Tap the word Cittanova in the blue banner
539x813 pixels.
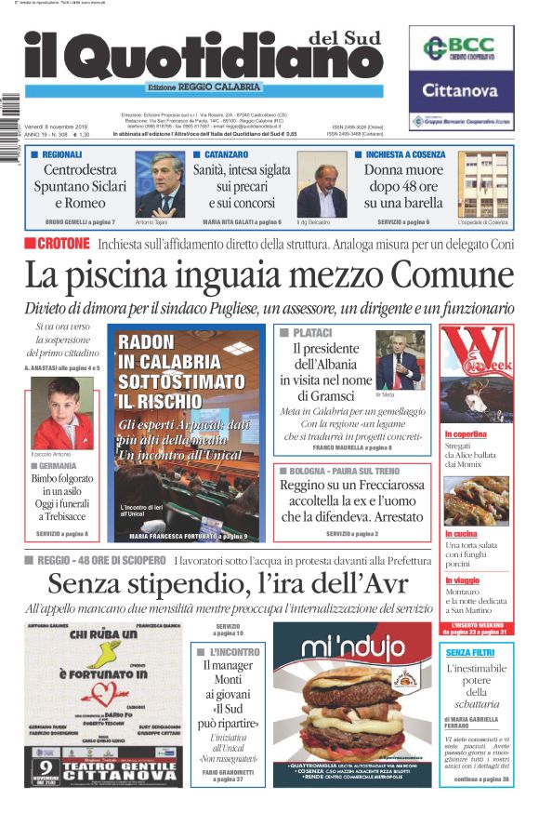[463, 90]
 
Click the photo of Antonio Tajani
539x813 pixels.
[160, 184]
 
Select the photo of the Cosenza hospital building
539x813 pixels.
[482, 184]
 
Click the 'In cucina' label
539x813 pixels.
[462, 534]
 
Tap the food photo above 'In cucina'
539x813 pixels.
[476, 501]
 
